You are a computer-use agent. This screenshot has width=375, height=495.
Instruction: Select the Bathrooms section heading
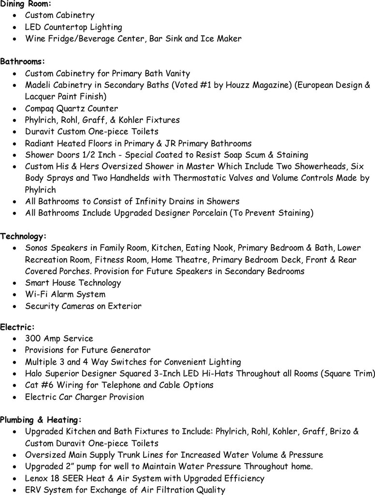[22, 62]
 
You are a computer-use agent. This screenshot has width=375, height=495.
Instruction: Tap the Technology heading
[24, 236]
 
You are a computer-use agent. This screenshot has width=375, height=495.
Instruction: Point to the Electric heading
[17, 327]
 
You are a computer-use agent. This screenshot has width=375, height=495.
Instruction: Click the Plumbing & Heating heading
[41, 420]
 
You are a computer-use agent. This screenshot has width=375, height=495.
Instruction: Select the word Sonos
[37, 248]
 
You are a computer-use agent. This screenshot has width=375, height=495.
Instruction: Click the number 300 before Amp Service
[33, 338]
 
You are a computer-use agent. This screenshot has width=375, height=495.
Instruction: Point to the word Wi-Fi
[36, 294]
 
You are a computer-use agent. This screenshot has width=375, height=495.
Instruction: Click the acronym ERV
[34, 490]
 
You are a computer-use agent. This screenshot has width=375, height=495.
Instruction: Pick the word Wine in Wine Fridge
[35, 39]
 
